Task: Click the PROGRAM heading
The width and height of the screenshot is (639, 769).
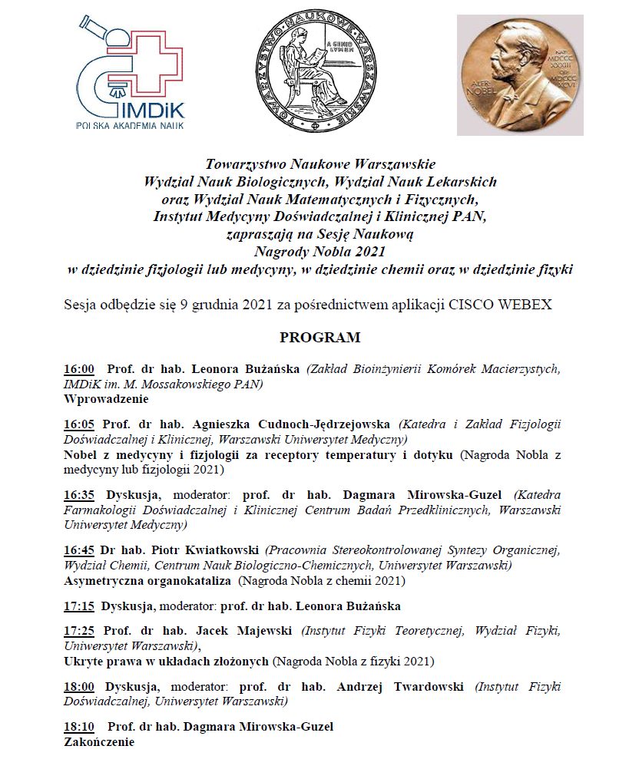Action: click(319, 338)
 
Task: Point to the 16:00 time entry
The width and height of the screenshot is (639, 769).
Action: click(79, 369)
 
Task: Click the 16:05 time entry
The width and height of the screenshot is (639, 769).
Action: click(79, 424)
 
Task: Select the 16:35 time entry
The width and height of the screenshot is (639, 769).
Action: click(79, 495)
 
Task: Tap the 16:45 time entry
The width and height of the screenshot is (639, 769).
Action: click(79, 550)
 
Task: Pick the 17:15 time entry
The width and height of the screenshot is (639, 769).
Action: click(79, 606)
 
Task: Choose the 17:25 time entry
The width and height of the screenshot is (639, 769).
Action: click(79, 631)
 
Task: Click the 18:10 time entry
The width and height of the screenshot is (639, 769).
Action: click(79, 727)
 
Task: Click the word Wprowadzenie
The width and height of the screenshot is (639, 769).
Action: click(106, 399)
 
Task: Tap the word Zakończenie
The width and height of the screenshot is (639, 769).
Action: click(99, 742)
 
